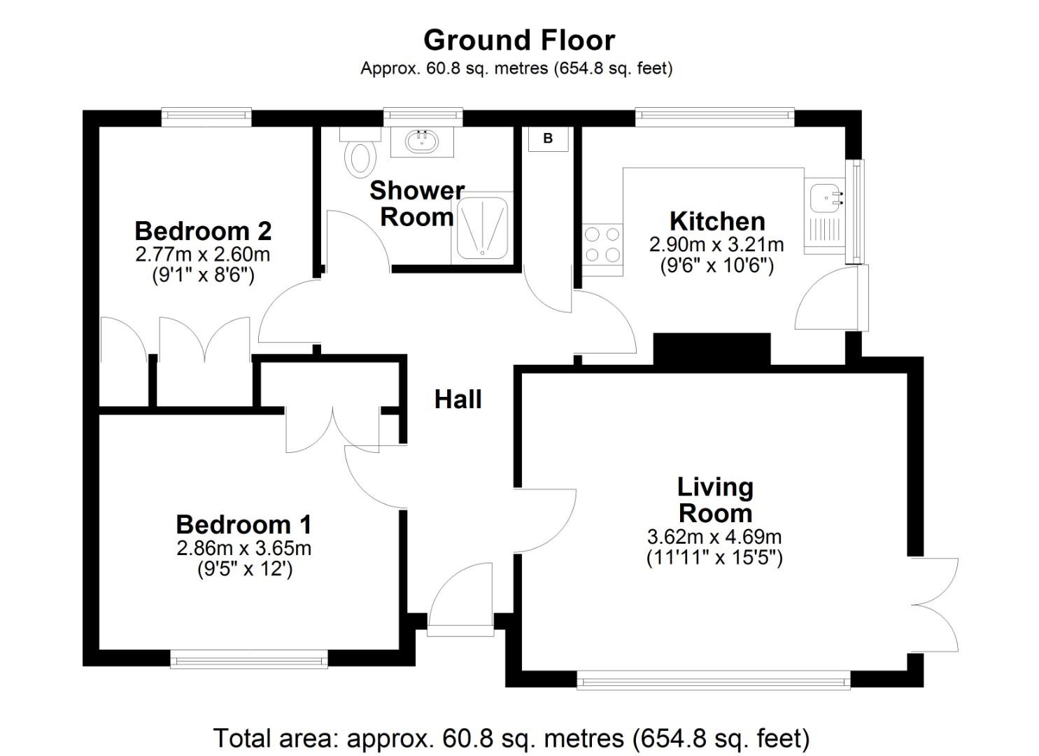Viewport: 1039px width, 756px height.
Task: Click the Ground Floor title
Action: pos(519,40)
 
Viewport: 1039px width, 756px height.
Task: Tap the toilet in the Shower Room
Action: pos(361,155)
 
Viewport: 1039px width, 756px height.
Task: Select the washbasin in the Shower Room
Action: pos(423,141)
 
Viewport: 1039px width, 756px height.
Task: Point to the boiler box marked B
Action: pos(548,139)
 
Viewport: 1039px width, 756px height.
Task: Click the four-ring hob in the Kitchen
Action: pos(602,245)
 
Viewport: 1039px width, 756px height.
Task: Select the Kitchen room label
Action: pos(717,221)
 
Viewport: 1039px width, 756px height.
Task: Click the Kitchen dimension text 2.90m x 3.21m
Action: pos(716,245)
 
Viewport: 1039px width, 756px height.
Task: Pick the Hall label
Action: pos(458,399)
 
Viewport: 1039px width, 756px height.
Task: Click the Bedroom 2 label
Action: pos(203,230)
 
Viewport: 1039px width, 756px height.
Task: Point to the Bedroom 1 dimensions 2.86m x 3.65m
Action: pos(243,548)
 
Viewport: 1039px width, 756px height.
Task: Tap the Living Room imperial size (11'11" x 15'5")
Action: pos(714,558)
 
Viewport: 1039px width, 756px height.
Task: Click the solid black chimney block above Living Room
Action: pos(712,349)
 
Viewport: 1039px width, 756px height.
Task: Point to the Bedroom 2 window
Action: pos(206,116)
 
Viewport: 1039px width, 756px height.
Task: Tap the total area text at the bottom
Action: pos(511,738)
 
